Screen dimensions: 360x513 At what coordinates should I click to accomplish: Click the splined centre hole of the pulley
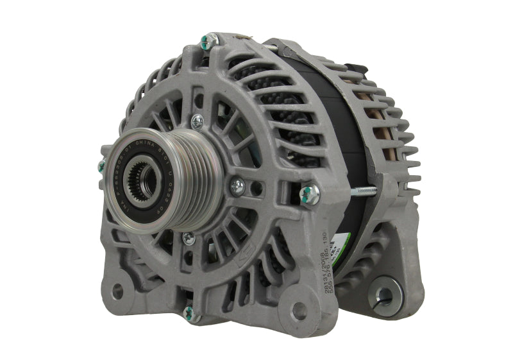pyautogui.click(x=139, y=174)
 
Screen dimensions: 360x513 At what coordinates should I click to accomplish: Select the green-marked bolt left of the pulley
pyautogui.click(x=101, y=166)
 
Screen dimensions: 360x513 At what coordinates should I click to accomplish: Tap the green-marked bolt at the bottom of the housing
pyautogui.click(x=190, y=313)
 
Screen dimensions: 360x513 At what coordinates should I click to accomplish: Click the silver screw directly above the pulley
pyautogui.click(x=198, y=120)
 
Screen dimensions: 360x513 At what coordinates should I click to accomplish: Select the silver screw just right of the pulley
pyautogui.click(x=237, y=186)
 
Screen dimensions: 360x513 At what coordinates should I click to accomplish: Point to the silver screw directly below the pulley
pyautogui.click(x=188, y=238)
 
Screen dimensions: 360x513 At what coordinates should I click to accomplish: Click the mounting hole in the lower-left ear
pyautogui.click(x=117, y=291)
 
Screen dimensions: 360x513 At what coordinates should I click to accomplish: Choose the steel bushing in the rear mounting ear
pyautogui.click(x=385, y=295)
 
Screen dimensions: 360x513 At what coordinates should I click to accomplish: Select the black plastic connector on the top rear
pyautogui.click(x=357, y=68)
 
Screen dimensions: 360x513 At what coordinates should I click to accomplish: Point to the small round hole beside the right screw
pyautogui.click(x=256, y=191)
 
